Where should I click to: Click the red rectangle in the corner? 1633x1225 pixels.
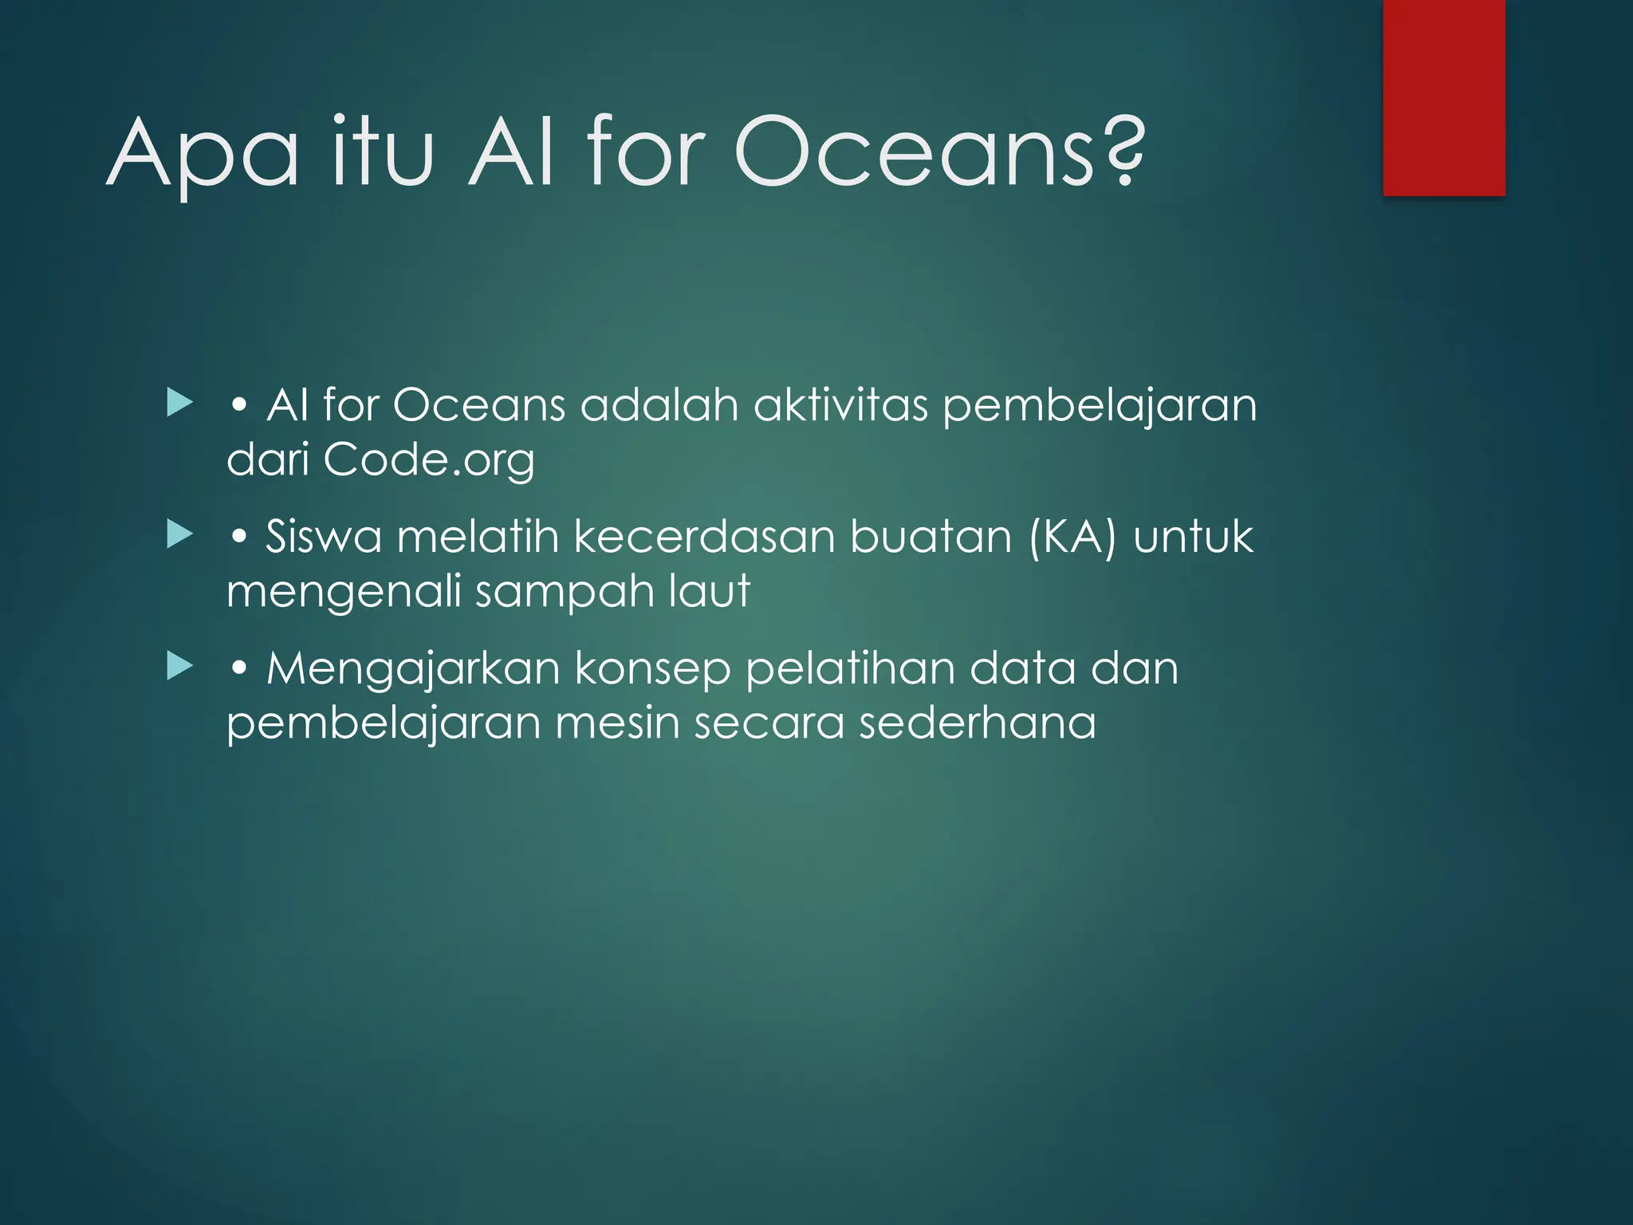(x=1443, y=97)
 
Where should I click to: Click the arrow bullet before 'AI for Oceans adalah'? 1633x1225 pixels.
(x=180, y=404)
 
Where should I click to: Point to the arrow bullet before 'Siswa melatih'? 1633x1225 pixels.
(x=180, y=535)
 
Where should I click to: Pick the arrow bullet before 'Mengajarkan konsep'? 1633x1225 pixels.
(x=180, y=667)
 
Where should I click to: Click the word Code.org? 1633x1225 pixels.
(x=429, y=461)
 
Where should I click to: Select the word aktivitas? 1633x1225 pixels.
(x=840, y=405)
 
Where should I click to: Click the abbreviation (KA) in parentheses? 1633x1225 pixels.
(x=1072, y=537)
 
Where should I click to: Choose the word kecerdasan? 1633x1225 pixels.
(x=704, y=537)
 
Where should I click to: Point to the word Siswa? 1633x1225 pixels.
(x=324, y=537)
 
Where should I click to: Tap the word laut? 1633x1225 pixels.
(x=710, y=591)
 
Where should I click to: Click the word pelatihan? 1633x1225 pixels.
(x=850, y=669)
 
